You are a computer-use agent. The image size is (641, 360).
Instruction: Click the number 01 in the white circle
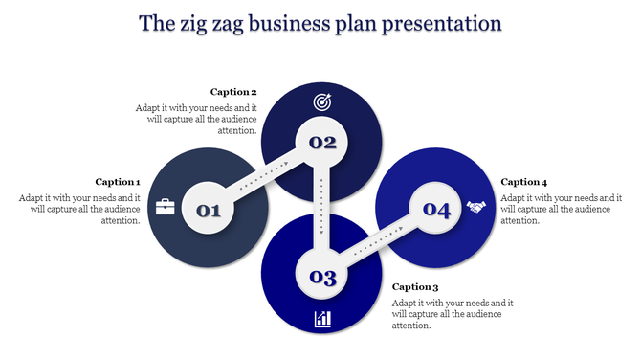(209, 210)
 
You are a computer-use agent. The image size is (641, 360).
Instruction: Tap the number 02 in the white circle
(321, 144)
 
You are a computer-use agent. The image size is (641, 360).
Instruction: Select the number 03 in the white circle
(321, 278)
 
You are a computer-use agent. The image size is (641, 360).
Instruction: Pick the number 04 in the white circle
(436, 210)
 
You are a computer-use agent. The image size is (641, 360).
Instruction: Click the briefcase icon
(166, 206)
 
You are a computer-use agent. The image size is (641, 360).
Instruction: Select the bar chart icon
(322, 319)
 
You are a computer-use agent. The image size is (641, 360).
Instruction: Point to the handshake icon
(476, 206)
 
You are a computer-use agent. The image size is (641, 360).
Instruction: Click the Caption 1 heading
(118, 182)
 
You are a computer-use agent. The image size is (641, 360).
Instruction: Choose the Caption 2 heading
(233, 92)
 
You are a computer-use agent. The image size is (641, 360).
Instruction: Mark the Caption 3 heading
(415, 286)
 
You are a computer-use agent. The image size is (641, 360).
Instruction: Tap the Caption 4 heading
(524, 182)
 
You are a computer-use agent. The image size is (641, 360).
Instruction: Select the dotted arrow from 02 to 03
(322, 211)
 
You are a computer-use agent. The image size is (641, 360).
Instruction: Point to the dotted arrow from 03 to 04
(379, 243)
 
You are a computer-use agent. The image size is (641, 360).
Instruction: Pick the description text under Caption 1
(80, 209)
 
